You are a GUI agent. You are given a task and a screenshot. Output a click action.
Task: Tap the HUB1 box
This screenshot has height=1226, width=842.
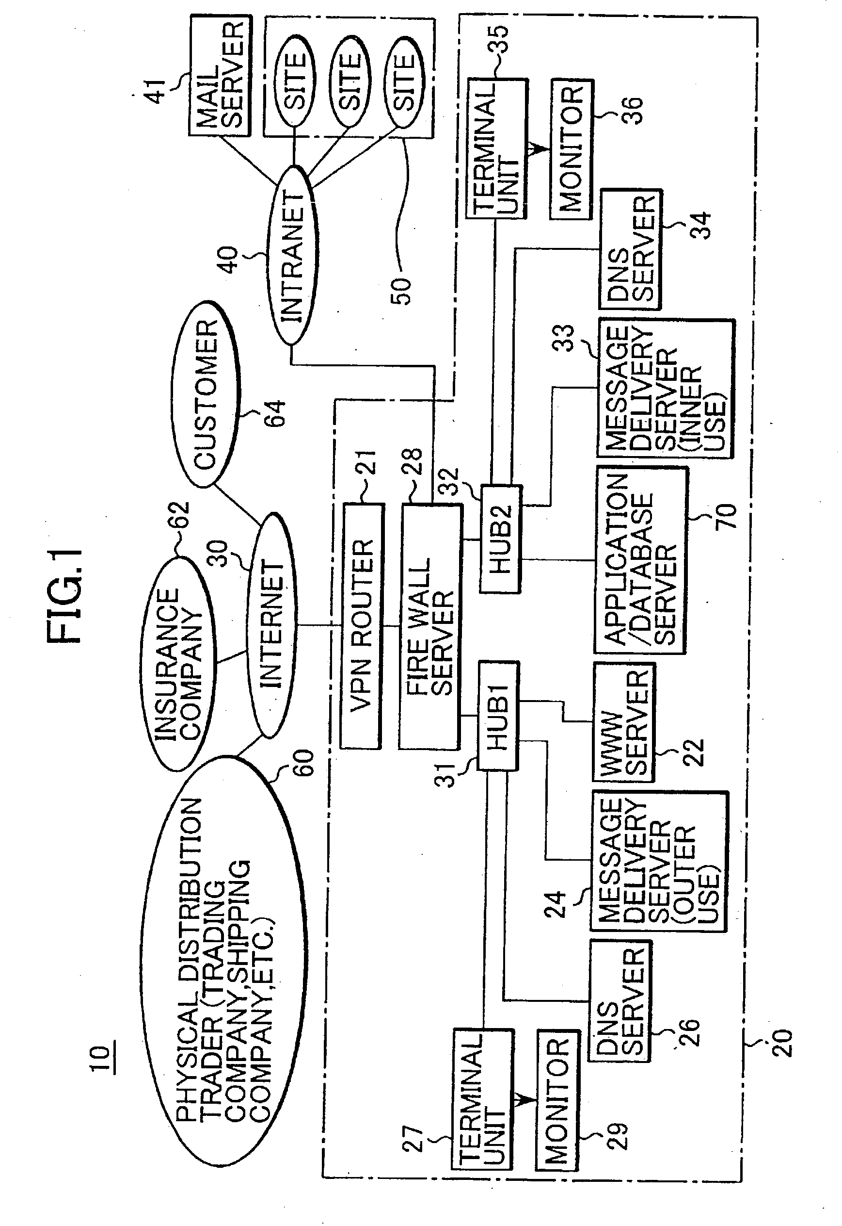click(x=498, y=716)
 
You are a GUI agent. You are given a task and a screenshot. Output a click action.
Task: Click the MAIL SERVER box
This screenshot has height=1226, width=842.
click(x=221, y=76)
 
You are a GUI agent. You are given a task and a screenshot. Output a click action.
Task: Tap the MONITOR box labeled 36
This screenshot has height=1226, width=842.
click(x=572, y=149)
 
